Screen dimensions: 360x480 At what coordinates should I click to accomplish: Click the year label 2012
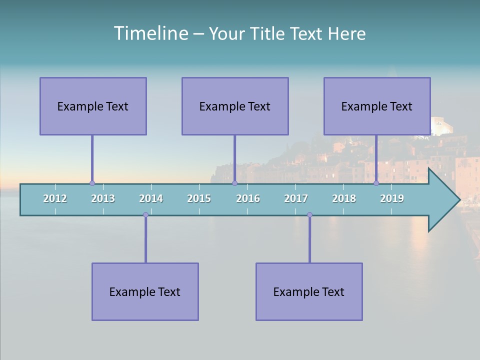point(55,198)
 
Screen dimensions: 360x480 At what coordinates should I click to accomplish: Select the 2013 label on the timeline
point(103,198)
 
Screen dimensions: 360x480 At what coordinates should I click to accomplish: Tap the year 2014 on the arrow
point(151,198)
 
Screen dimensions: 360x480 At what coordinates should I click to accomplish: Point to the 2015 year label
point(199,198)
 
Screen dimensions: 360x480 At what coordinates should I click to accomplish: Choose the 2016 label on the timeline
point(248,198)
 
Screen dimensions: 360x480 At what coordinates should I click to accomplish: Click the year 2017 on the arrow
point(296,198)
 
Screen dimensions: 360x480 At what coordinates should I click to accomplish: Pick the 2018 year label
point(344,198)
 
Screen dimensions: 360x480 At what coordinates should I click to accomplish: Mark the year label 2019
point(392,198)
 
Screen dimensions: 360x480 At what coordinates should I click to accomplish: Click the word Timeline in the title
point(150,33)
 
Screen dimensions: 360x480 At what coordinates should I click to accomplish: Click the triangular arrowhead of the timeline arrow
point(443,200)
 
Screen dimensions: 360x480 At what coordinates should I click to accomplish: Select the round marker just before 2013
point(92,183)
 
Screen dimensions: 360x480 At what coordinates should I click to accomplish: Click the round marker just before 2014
point(145,215)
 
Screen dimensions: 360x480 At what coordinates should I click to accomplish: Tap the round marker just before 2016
point(234,183)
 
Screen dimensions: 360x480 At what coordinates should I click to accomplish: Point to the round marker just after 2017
point(309,215)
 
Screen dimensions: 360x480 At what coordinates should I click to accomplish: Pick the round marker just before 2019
point(376,183)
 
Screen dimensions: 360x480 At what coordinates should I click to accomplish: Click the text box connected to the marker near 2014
point(145,291)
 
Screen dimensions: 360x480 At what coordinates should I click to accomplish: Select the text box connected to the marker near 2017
point(309,291)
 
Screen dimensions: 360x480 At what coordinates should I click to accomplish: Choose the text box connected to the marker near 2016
point(235,106)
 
